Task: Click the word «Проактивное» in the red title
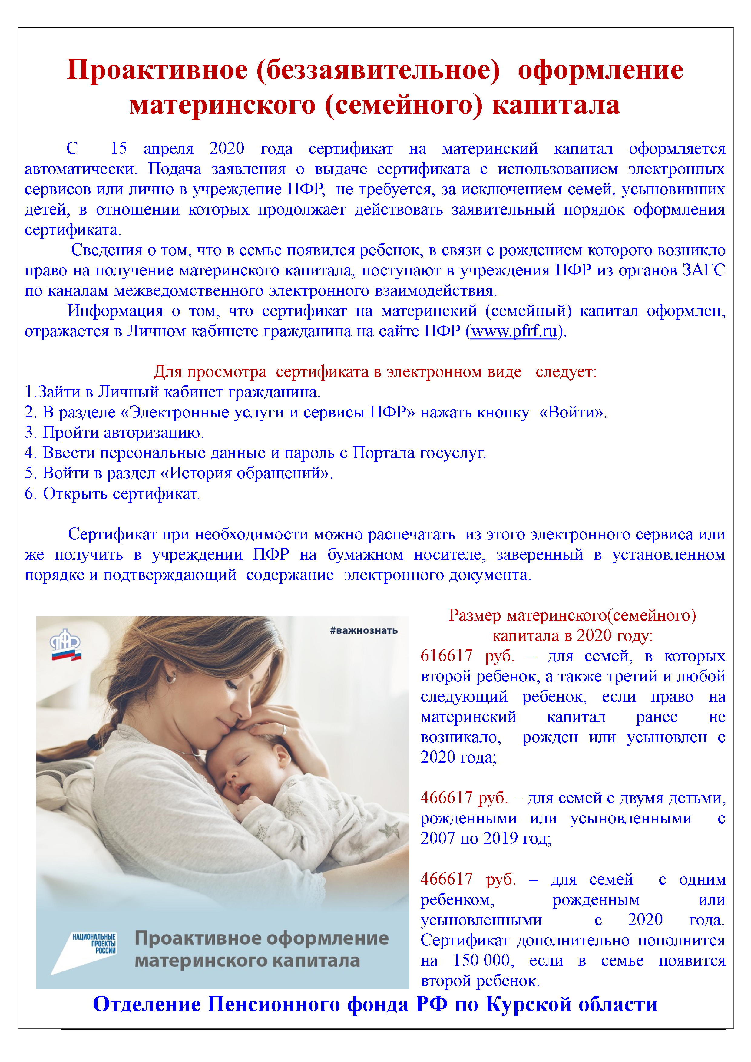(157, 70)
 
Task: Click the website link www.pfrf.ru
(514, 331)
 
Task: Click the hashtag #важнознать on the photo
(364, 630)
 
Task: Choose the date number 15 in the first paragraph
(118, 148)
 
